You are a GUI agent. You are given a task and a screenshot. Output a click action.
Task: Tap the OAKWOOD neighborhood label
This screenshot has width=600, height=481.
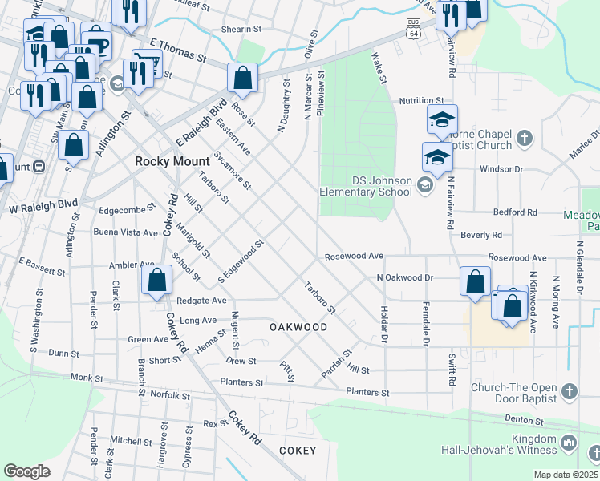click(298, 327)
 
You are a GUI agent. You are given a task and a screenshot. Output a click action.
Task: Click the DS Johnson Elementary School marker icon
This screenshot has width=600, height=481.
click(424, 186)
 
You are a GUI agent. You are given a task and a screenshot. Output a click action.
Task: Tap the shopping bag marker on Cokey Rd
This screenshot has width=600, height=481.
click(157, 281)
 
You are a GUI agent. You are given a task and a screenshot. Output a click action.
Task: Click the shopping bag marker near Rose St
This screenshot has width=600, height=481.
click(242, 79)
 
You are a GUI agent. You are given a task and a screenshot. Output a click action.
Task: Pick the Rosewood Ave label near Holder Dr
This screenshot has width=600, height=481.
click(354, 257)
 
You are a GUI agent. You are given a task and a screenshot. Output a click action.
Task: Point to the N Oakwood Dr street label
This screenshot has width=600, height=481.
click(405, 277)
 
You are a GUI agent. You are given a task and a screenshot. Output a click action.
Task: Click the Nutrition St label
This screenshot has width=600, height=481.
click(422, 100)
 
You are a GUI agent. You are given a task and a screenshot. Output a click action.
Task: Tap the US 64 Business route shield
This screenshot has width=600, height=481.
click(413, 29)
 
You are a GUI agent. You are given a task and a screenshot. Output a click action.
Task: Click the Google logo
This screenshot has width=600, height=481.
click(27, 471)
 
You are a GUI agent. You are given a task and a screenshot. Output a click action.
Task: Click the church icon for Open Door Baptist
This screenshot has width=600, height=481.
click(569, 392)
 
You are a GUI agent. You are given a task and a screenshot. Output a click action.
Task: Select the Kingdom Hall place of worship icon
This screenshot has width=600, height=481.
click(569, 442)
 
